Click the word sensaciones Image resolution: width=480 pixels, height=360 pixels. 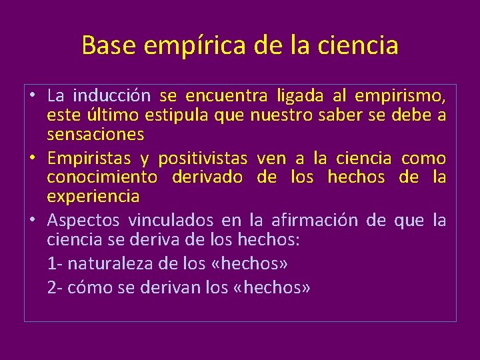click(x=95, y=134)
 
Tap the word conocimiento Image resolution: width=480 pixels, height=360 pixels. click(x=102, y=177)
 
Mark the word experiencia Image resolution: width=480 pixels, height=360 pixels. click(x=93, y=196)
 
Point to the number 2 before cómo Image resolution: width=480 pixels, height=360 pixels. click(x=51, y=288)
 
